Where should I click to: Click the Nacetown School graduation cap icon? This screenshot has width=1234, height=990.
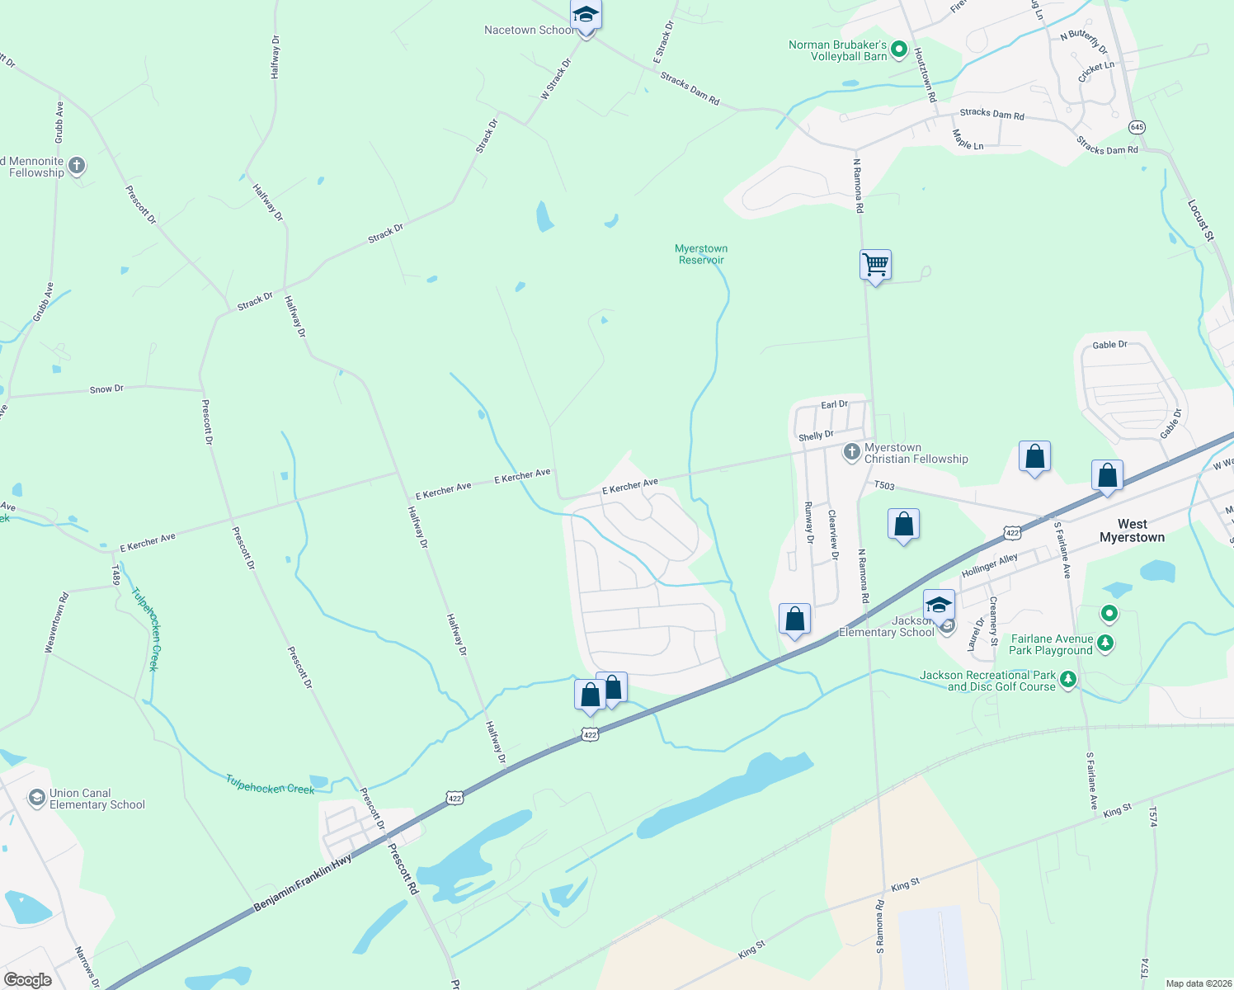586,16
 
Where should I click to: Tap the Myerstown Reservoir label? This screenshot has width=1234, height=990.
701,254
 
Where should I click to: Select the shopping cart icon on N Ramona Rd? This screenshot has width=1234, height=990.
875,266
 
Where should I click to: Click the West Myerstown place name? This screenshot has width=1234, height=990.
1132,530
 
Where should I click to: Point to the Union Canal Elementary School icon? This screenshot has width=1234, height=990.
36,798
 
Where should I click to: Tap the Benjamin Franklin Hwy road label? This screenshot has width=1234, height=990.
303,883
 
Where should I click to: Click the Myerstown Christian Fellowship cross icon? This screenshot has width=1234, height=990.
852,452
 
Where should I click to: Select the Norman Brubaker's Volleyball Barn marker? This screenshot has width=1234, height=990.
900,50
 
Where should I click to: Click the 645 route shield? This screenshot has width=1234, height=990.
1137,127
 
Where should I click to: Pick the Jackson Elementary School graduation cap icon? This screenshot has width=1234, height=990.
939,605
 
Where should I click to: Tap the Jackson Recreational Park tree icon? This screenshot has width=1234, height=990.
1068,680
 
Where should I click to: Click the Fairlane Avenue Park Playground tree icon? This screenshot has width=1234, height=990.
1105,643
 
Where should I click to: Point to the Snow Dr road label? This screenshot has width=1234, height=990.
106,389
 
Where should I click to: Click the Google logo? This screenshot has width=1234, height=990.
27,980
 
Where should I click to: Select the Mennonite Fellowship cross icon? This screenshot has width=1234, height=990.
77,166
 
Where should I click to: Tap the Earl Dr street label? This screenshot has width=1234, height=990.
834,404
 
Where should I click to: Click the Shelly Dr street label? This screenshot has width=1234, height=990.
816,436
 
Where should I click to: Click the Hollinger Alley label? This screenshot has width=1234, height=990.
989,565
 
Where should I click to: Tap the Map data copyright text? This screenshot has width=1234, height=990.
1197,983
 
